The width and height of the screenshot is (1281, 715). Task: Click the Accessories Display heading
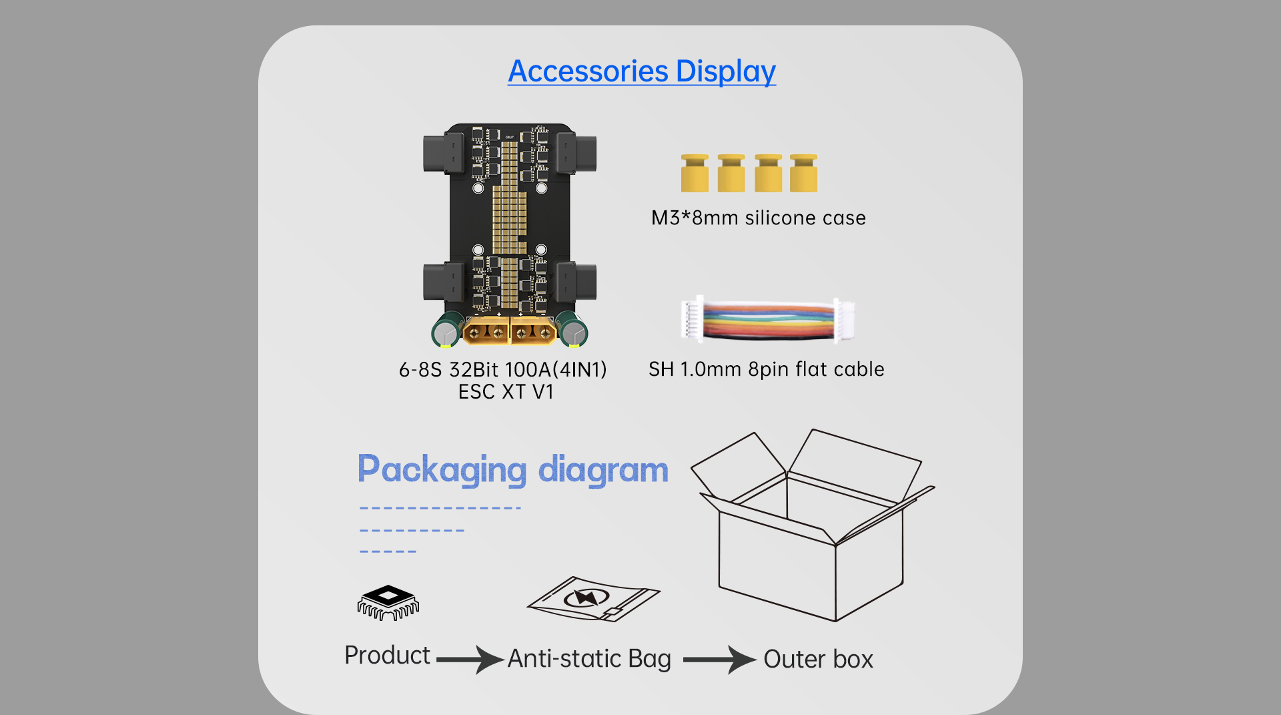(x=642, y=71)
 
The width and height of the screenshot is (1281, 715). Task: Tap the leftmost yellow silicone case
(x=695, y=174)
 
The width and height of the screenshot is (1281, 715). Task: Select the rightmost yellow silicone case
(x=803, y=174)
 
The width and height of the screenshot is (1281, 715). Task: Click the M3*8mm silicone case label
(x=759, y=218)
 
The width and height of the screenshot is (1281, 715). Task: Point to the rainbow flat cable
(x=767, y=320)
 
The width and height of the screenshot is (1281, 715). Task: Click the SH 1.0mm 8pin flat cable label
(x=767, y=369)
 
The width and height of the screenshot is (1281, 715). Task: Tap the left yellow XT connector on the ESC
(x=486, y=331)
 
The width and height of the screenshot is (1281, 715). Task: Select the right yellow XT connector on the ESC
(x=533, y=331)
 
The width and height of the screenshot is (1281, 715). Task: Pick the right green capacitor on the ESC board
(x=572, y=329)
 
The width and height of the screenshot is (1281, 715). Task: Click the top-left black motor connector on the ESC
(x=443, y=154)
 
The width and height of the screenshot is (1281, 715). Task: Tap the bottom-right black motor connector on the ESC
(x=576, y=282)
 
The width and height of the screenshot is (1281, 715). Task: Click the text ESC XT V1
(x=506, y=392)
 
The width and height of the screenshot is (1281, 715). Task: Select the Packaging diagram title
(x=512, y=469)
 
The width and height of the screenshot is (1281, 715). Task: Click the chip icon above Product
(x=388, y=602)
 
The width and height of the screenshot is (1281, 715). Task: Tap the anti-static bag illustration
(x=593, y=599)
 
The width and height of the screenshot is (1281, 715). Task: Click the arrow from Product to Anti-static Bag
(x=470, y=660)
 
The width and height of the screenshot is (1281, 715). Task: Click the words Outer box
(x=818, y=660)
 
